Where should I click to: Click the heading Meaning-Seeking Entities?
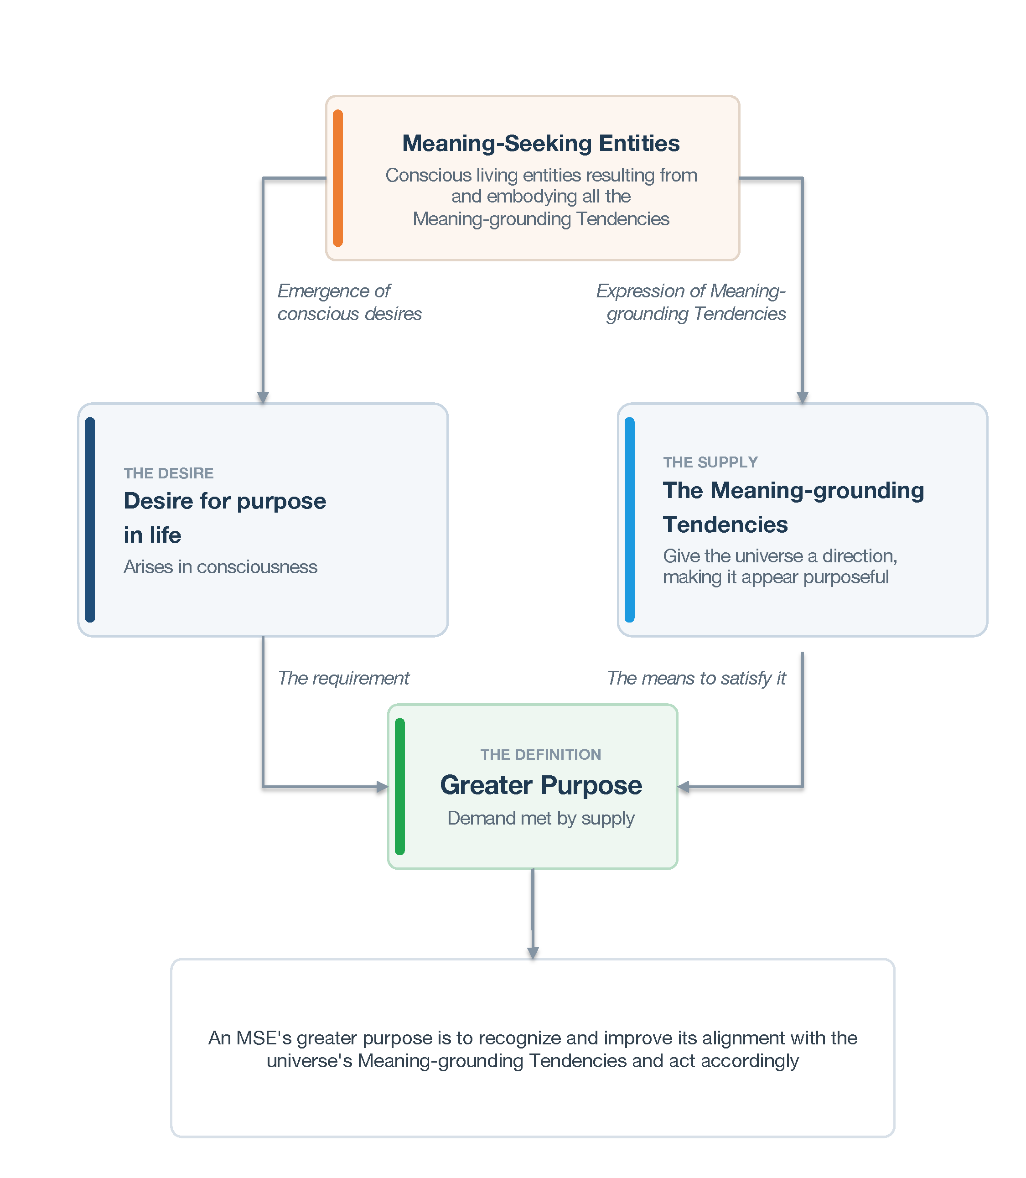541,143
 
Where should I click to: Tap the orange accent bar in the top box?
338,178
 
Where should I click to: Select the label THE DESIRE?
169,473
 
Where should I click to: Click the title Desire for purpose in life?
225,518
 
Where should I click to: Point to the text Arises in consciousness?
220,567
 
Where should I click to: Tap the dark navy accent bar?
90,519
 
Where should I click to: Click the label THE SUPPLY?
710,462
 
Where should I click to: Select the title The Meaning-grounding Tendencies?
793,508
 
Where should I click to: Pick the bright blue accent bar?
630,519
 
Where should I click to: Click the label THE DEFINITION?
541,754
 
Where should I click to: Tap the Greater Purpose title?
541,784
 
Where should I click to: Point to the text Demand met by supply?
541,818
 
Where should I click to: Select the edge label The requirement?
343,678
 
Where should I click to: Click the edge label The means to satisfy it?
696,678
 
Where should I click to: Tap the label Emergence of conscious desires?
350,302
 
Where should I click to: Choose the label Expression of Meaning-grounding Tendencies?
691,302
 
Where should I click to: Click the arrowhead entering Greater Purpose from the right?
683,787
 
